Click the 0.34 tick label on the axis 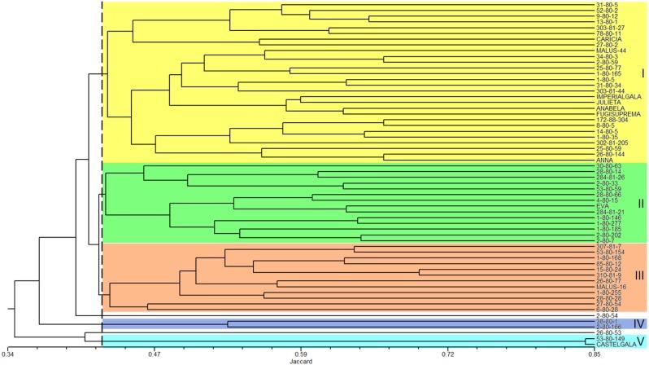point(9,354)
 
